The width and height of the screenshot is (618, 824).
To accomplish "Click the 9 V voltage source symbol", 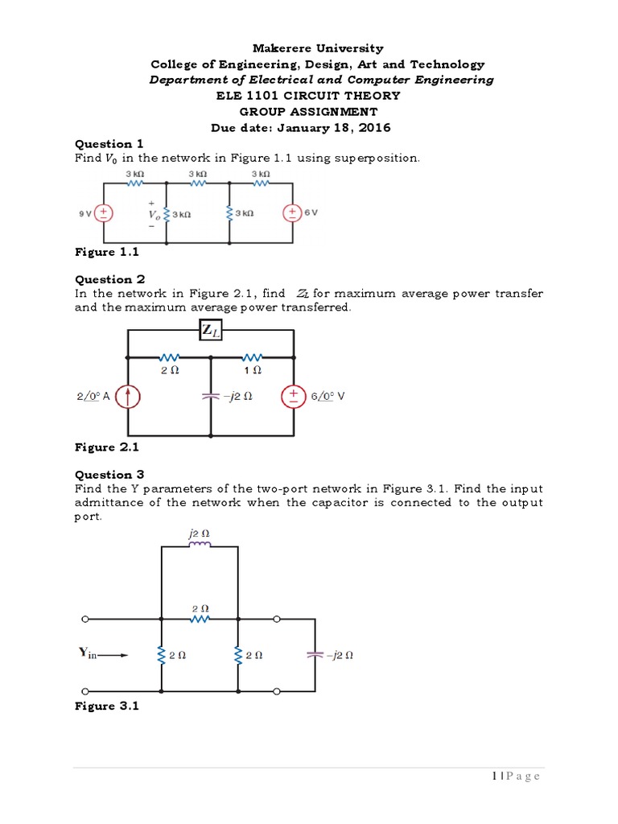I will tap(103, 213).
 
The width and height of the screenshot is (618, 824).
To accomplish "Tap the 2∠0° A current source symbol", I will tap(130, 396).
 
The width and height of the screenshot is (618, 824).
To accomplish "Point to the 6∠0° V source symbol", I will tap(291, 396).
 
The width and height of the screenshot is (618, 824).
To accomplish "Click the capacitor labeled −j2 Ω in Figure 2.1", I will tap(211, 396).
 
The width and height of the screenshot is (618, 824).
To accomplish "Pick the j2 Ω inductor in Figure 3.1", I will tap(200, 545).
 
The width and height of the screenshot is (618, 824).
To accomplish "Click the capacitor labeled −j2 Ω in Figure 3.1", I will tap(313, 655).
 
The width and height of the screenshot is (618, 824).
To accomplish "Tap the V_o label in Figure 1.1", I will tap(154, 215).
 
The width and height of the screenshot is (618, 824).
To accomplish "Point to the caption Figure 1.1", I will tap(106, 252).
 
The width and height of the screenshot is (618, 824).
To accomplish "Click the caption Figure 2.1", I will tap(106, 447).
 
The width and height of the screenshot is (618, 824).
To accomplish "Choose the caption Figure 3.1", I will tap(106, 706).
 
